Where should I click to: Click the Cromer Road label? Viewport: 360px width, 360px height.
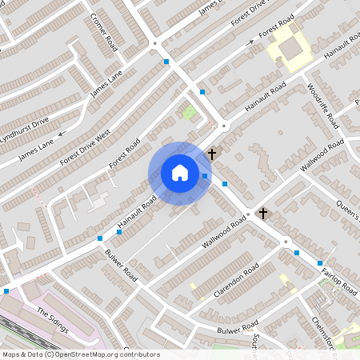pos(104,32)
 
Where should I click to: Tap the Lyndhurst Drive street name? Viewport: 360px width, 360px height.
pos(25,126)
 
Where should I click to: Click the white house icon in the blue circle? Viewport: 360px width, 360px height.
pos(180,173)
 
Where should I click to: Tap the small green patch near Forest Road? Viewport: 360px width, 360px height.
pos(189,112)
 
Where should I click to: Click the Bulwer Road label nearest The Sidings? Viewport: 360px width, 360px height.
pos(120,266)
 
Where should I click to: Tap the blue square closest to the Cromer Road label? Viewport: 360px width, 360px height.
pos(166,62)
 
